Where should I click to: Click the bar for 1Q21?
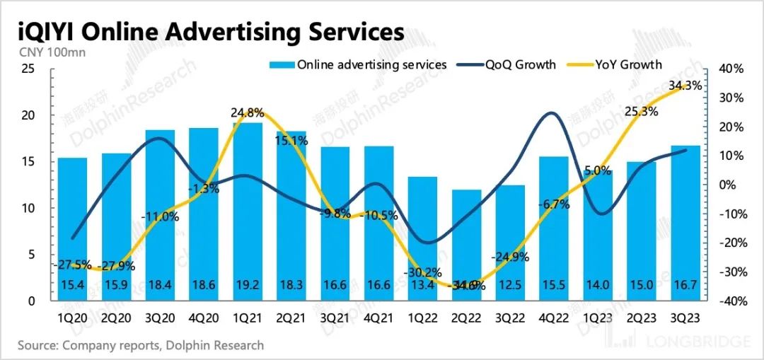(248, 212)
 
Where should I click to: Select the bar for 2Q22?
(467, 240)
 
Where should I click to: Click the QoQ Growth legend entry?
(521, 65)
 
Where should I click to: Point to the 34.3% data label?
(685, 86)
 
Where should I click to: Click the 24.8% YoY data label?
(248, 112)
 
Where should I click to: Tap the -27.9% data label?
(116, 267)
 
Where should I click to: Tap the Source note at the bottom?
(141, 346)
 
